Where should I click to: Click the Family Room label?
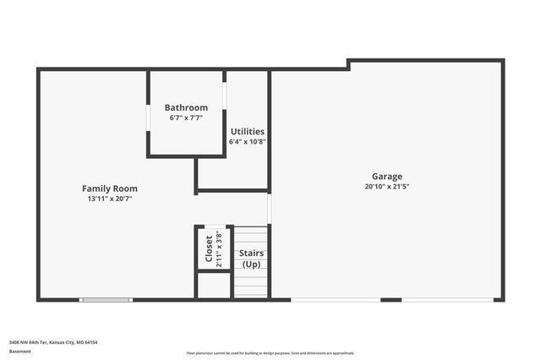109,188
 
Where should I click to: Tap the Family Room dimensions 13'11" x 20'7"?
109,199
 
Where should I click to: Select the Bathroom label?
186,107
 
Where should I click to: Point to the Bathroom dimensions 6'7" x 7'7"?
186,117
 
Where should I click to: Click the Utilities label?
248,132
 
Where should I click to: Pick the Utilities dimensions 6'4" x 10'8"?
248,141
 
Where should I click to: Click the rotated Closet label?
209,248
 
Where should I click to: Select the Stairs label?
251,253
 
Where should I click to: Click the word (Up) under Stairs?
251,264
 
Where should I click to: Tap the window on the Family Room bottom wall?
106,299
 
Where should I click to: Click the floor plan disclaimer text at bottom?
270,353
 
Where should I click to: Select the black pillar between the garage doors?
391,299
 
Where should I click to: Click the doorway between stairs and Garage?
269,208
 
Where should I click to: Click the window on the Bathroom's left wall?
148,117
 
